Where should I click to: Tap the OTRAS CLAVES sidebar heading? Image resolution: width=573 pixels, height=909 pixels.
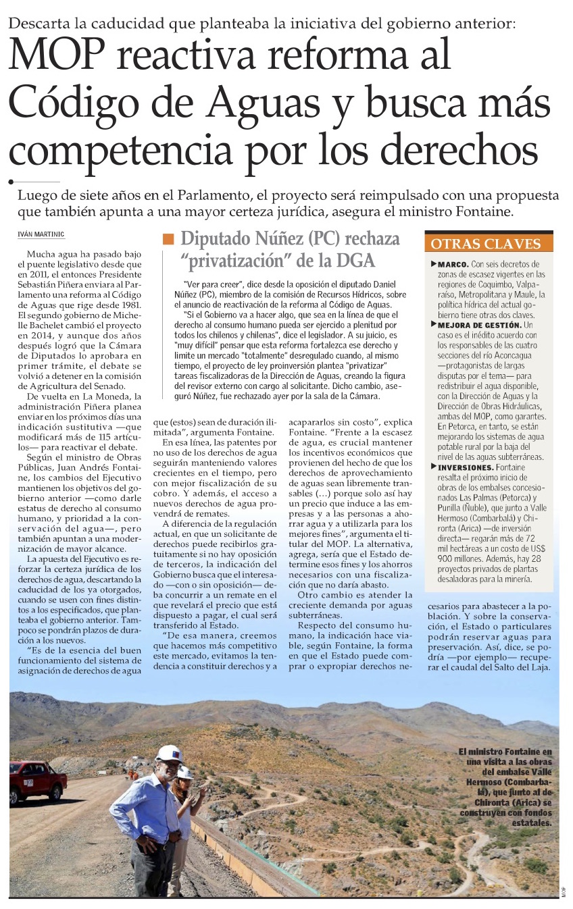[485, 244]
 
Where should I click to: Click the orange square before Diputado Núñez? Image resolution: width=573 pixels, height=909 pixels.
[168, 238]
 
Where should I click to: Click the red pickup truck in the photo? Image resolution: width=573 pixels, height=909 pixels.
[37, 780]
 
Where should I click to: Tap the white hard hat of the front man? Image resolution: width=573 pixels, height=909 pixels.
[168, 754]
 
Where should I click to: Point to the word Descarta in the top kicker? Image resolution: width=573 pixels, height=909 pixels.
[38, 22]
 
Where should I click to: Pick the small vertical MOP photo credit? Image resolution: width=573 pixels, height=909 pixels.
[563, 891]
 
